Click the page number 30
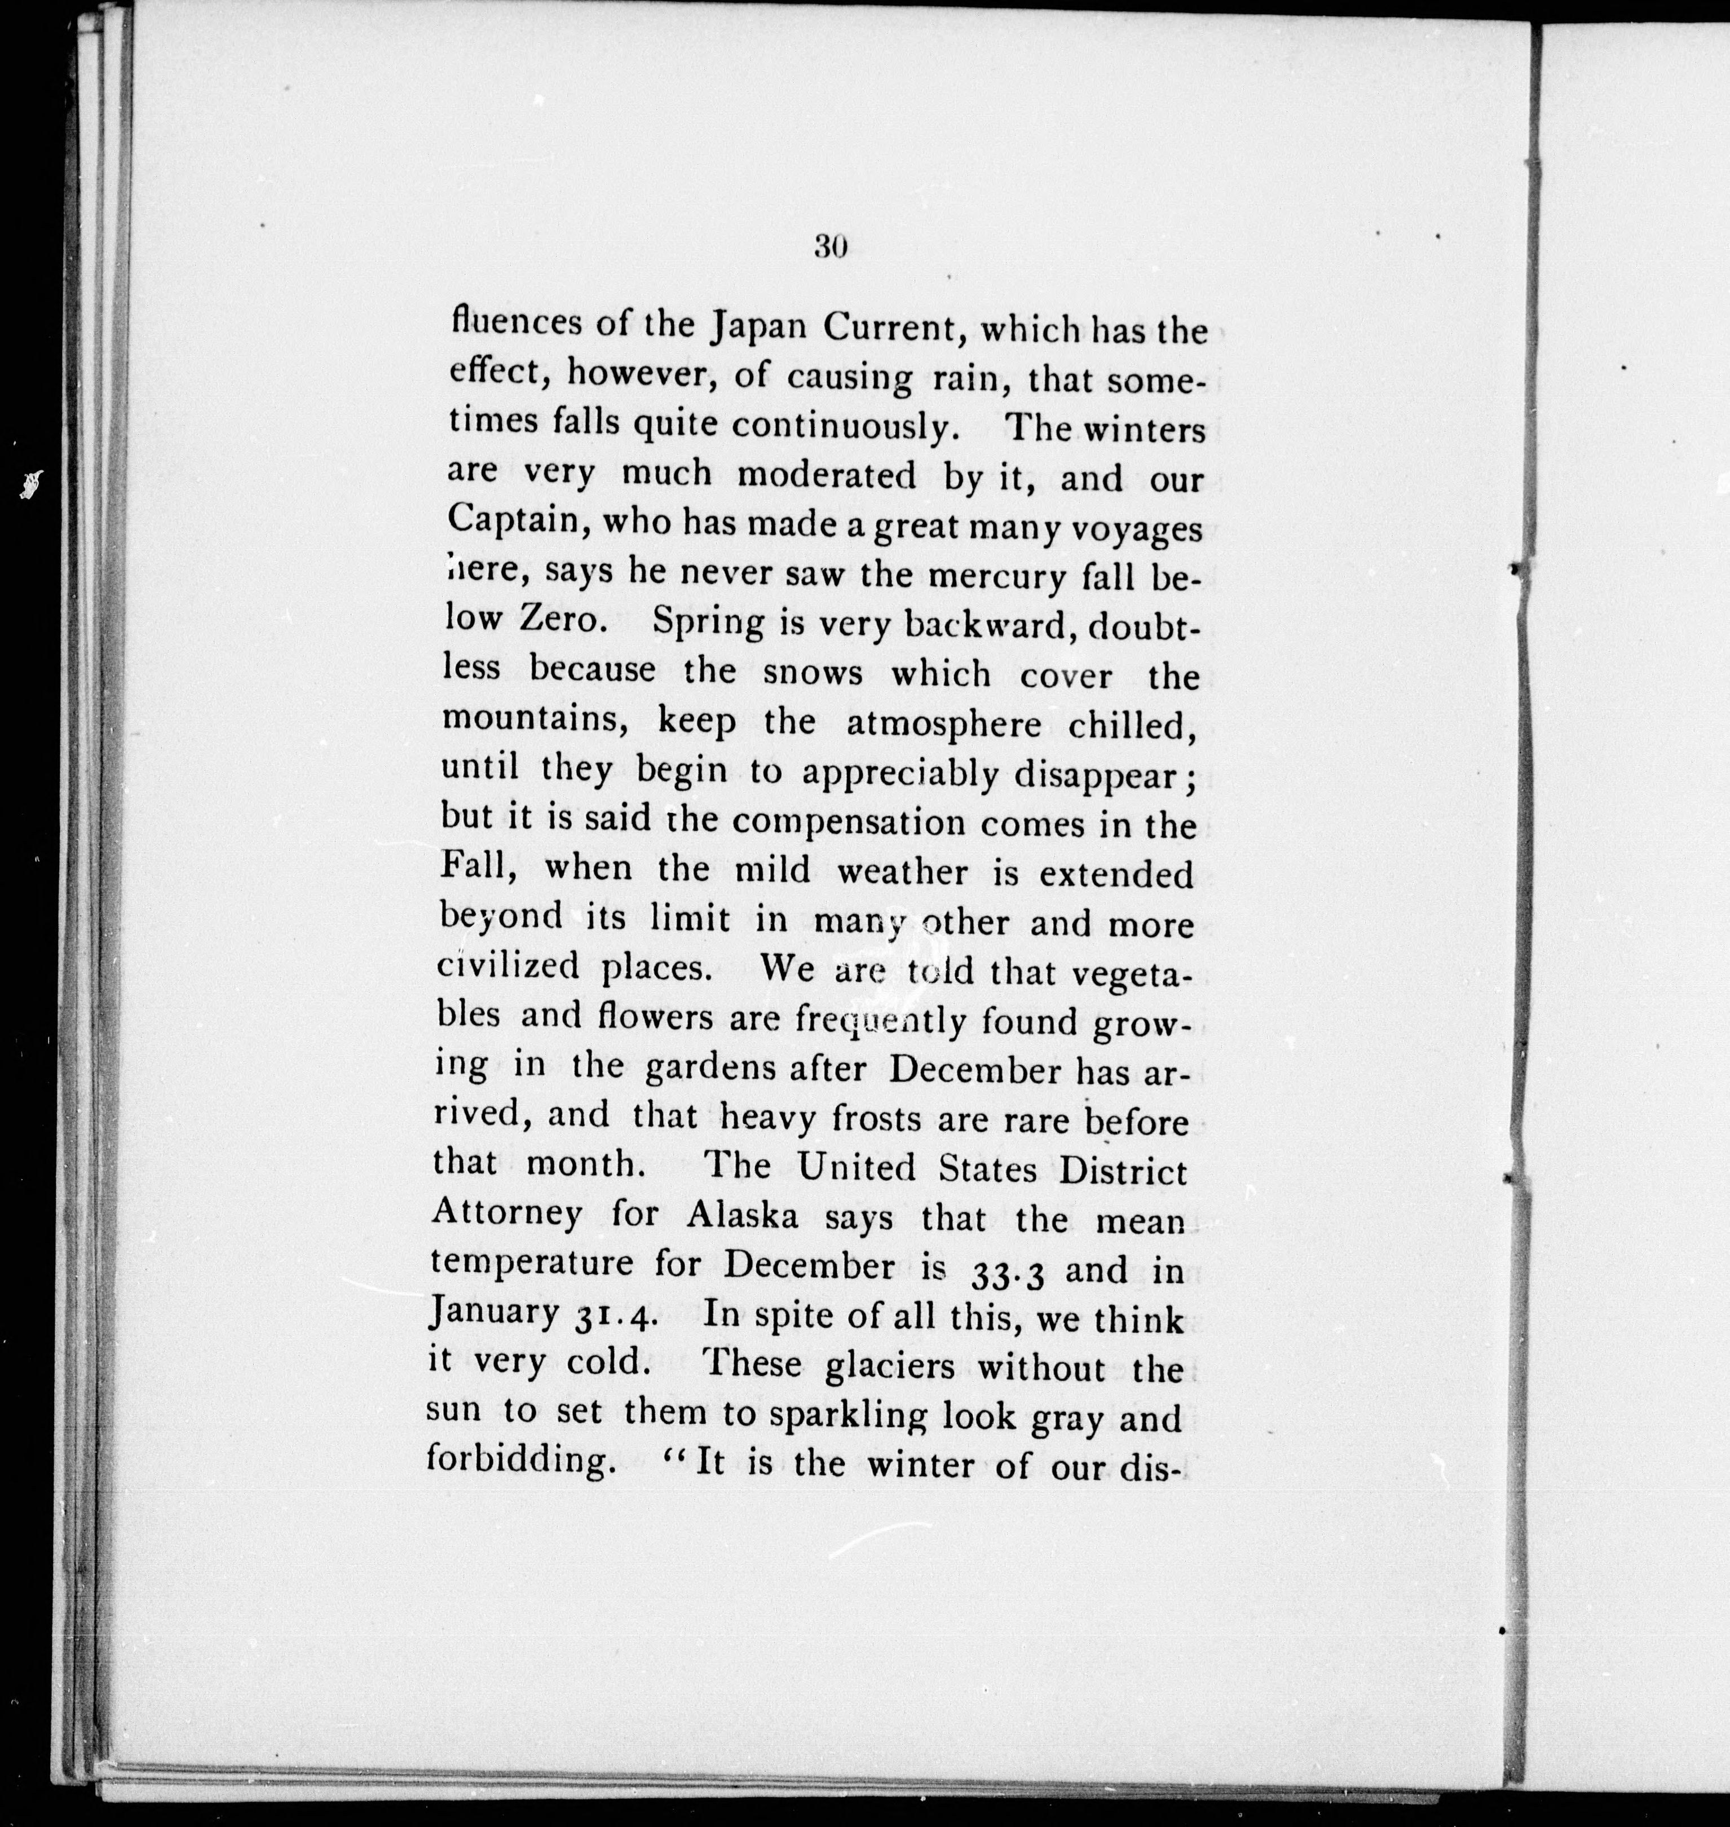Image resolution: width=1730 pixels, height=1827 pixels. pyautogui.click(x=830, y=246)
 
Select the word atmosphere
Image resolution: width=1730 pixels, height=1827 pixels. pyautogui.click(x=943, y=725)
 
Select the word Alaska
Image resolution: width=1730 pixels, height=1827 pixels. pyautogui.click(x=742, y=1216)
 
